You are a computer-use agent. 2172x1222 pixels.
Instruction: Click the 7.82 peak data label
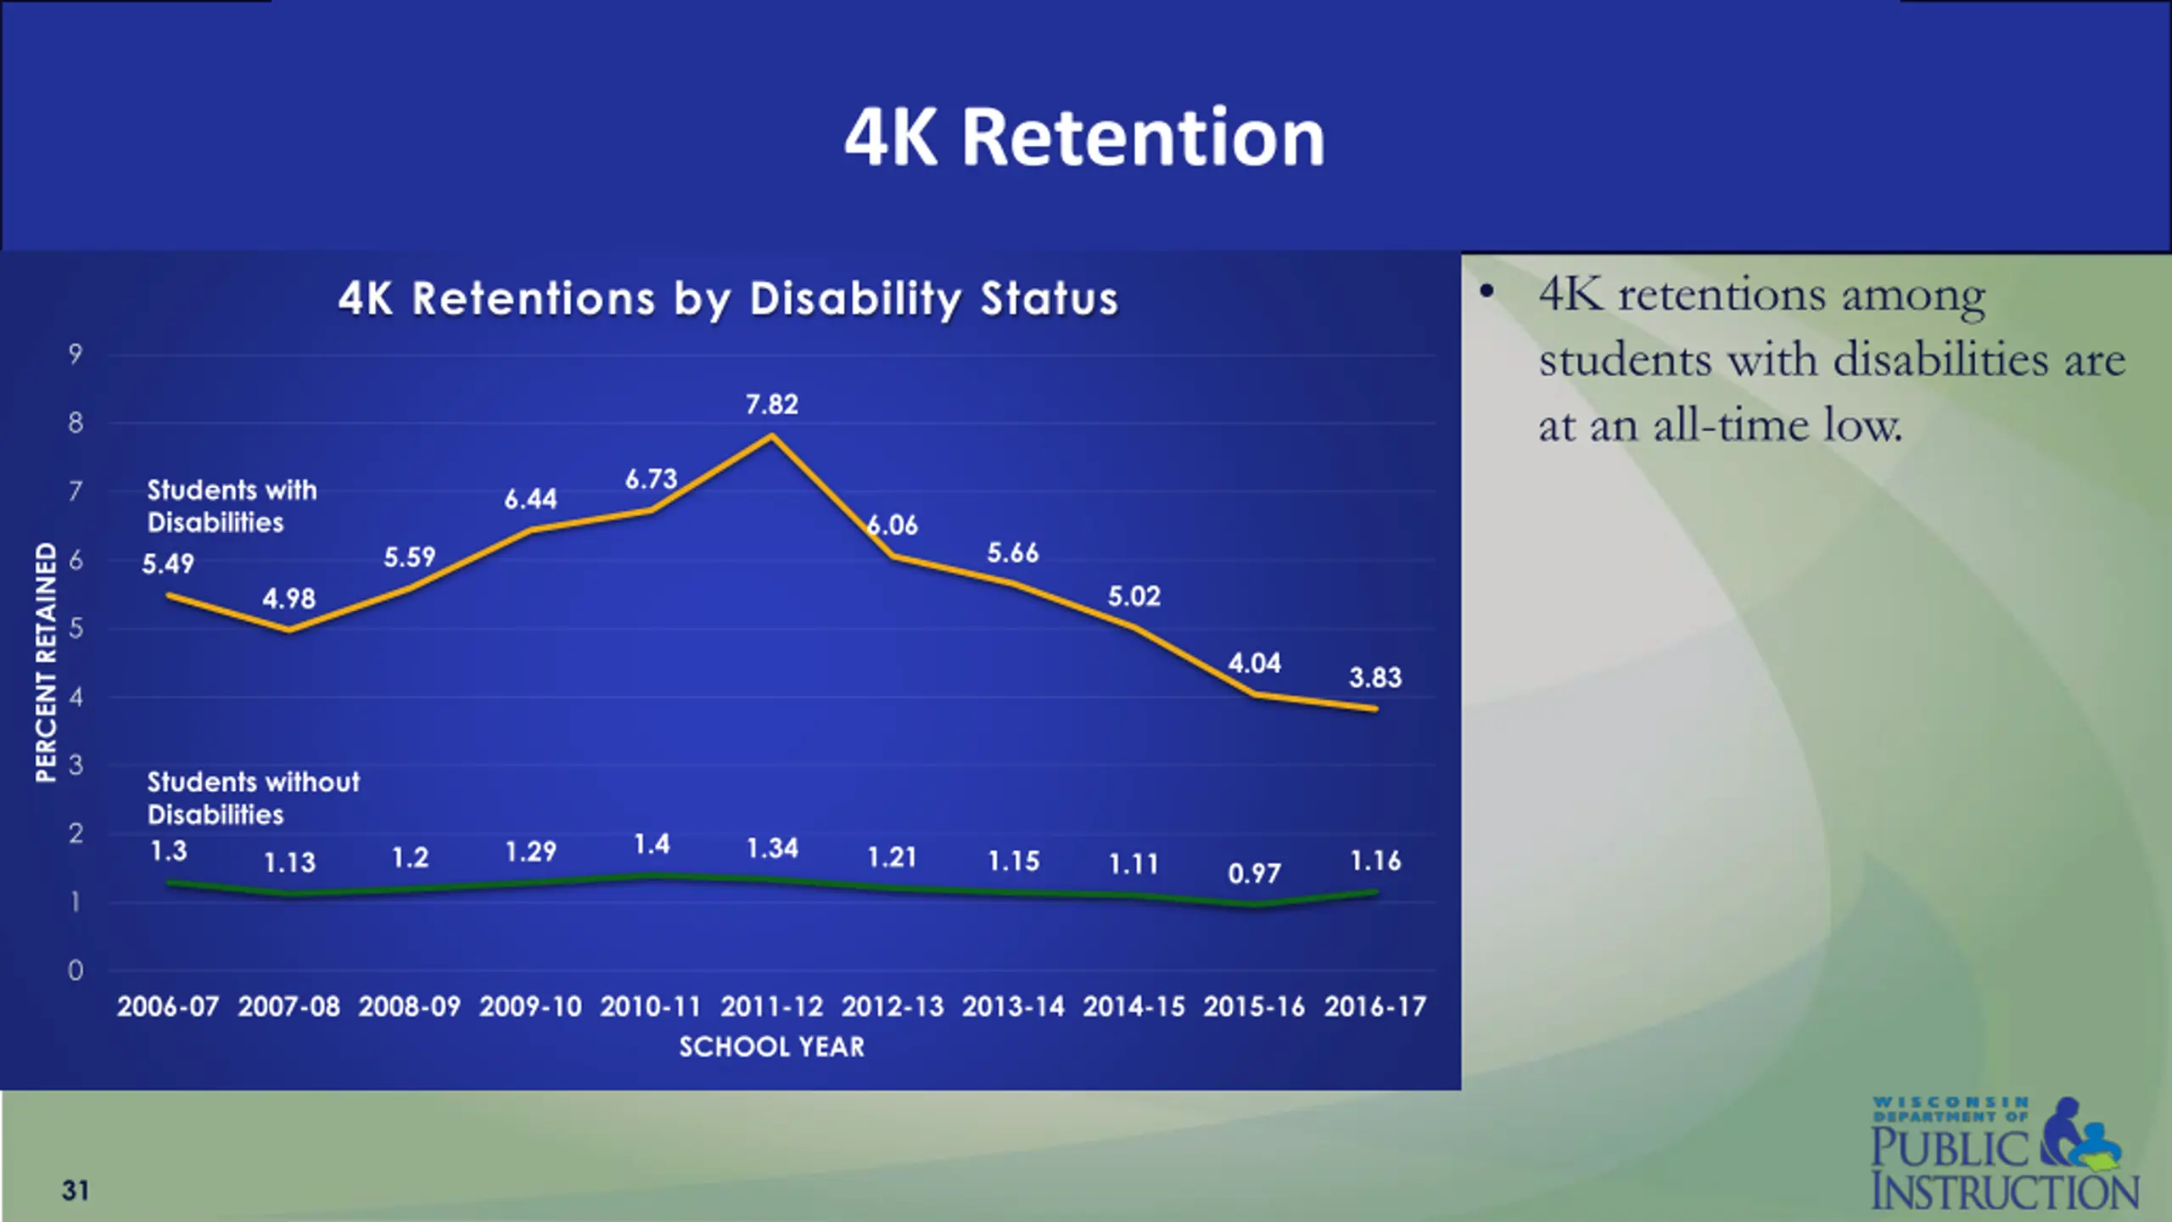pos(771,405)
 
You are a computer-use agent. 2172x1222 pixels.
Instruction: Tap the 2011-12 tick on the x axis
pos(771,1006)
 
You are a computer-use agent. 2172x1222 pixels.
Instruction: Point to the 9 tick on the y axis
pos(76,354)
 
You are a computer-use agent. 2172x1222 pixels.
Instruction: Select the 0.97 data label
pos(1254,873)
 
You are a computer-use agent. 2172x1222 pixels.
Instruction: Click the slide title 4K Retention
pos(1084,137)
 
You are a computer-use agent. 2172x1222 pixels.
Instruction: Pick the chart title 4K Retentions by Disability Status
pos(728,299)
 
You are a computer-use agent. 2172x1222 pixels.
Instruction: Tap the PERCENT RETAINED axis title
pos(46,662)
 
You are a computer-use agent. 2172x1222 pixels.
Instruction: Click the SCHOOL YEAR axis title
pos(771,1047)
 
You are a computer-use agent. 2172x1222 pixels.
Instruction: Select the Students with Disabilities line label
pos(232,506)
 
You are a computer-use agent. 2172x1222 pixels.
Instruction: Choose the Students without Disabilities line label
pos(253,798)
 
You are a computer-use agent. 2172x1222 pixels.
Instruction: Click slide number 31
pos(76,1191)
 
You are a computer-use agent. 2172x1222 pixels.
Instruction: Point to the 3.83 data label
pos(1375,677)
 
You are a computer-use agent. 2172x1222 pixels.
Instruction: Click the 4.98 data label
pos(288,599)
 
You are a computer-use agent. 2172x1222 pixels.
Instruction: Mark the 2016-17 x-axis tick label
pos(1375,1006)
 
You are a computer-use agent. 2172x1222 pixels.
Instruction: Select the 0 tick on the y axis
pos(76,970)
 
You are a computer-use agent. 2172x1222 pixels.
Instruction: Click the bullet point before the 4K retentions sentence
pos(1486,292)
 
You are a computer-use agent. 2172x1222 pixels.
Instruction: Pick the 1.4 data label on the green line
pos(652,844)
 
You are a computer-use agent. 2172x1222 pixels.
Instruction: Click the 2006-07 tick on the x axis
pos(168,1006)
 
